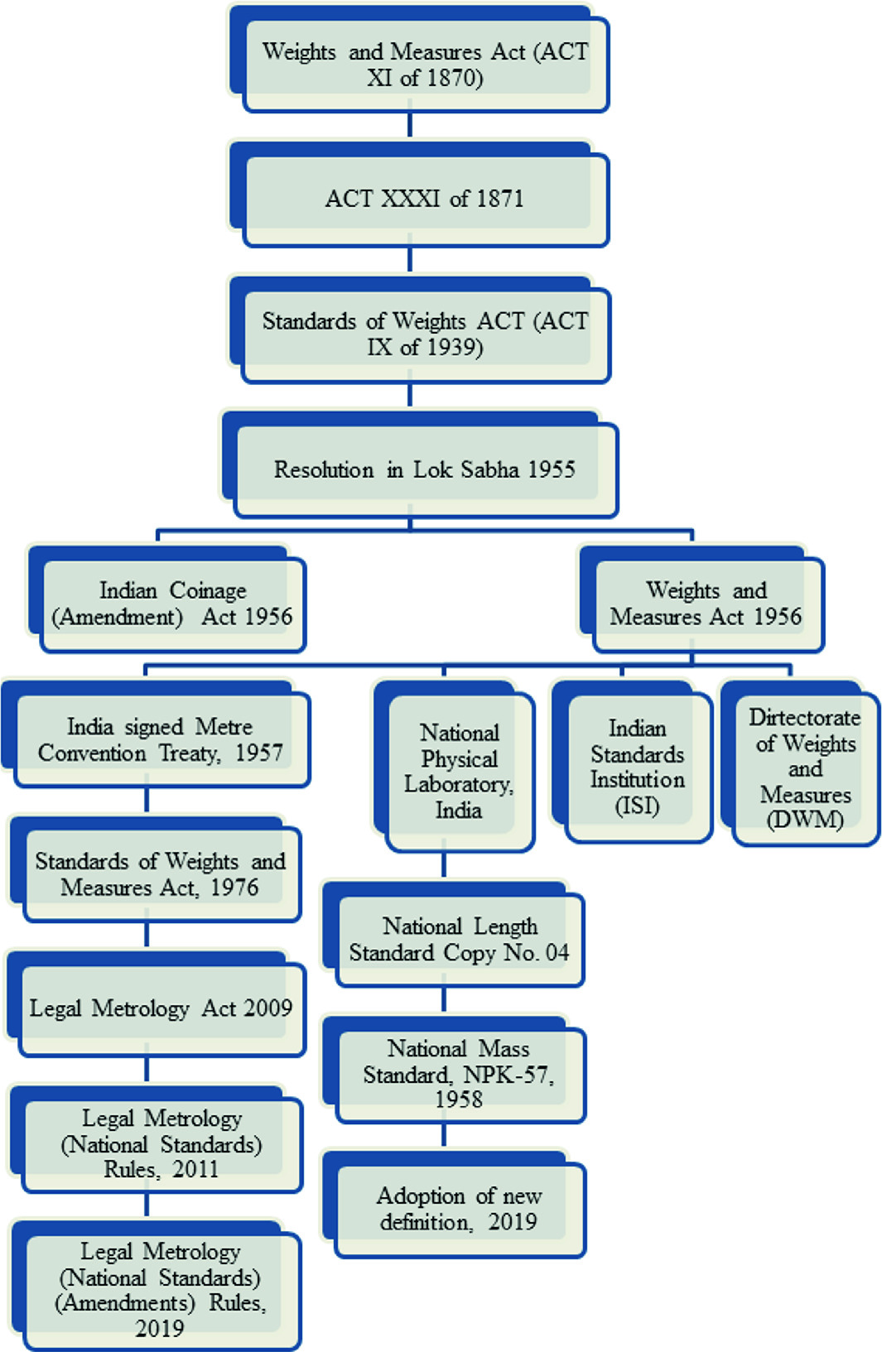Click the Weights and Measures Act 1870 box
(x=425, y=65)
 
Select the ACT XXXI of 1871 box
(x=425, y=199)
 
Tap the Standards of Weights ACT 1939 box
(x=425, y=334)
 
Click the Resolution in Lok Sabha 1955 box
(x=425, y=469)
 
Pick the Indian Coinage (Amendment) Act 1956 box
(x=172, y=604)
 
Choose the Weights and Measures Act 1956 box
(x=706, y=604)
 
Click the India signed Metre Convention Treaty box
(x=161, y=739)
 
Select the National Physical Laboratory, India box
(x=459, y=771)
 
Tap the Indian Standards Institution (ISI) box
(x=637, y=767)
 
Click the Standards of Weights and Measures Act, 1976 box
(x=160, y=874)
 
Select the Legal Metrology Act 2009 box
(x=161, y=1008)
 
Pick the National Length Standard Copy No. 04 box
(x=459, y=940)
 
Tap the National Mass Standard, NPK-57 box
(x=459, y=1074)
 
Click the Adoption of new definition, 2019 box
(x=459, y=1209)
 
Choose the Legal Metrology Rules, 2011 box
(x=161, y=1143)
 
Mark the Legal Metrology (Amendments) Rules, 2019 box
(x=160, y=1289)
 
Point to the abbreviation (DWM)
(x=805, y=820)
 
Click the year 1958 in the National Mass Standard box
(x=459, y=1100)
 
